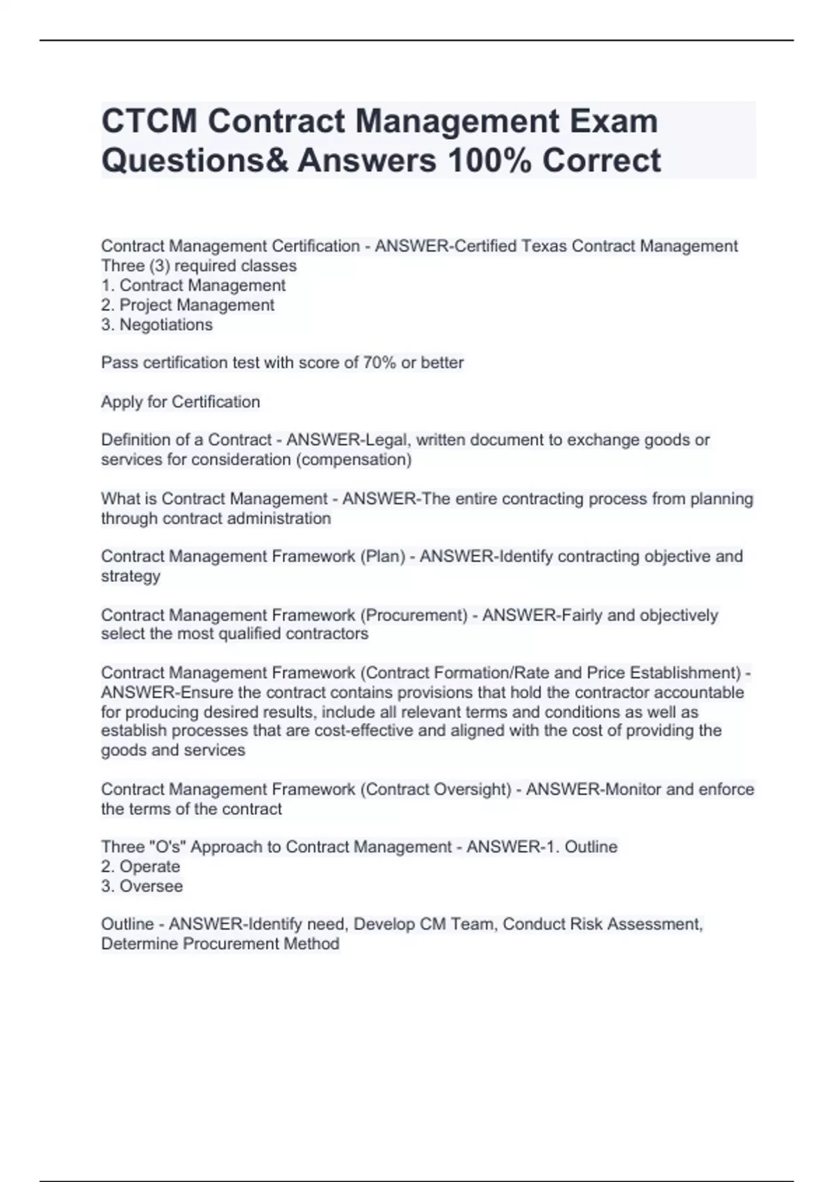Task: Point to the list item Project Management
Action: [197, 305]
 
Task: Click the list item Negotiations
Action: [166, 325]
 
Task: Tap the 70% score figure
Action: [379, 362]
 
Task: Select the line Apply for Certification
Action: [181, 402]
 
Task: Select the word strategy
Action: [131, 576]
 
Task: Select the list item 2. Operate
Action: [140, 866]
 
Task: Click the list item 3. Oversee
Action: [142, 886]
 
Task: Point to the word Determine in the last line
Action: [140, 944]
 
